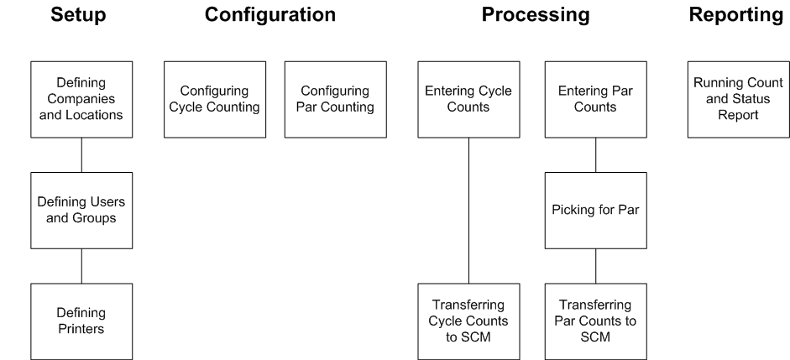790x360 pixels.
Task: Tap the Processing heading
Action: click(x=535, y=15)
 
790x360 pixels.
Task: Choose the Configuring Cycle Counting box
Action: click(x=215, y=99)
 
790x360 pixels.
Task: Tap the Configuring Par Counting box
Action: click(x=336, y=99)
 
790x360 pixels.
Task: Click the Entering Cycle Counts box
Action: click(x=468, y=99)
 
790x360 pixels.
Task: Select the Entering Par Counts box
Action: click(x=596, y=99)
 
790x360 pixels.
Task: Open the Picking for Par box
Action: click(x=596, y=211)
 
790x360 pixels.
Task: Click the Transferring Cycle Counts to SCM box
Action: click(x=468, y=321)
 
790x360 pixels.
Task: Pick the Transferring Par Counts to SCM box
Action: click(x=596, y=321)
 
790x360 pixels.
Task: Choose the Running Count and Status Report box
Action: click(x=738, y=99)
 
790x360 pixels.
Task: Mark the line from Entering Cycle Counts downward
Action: click(x=468, y=210)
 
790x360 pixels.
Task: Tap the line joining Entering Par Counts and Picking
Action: click(x=596, y=154)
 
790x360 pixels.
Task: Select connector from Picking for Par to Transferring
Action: click(x=596, y=266)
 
